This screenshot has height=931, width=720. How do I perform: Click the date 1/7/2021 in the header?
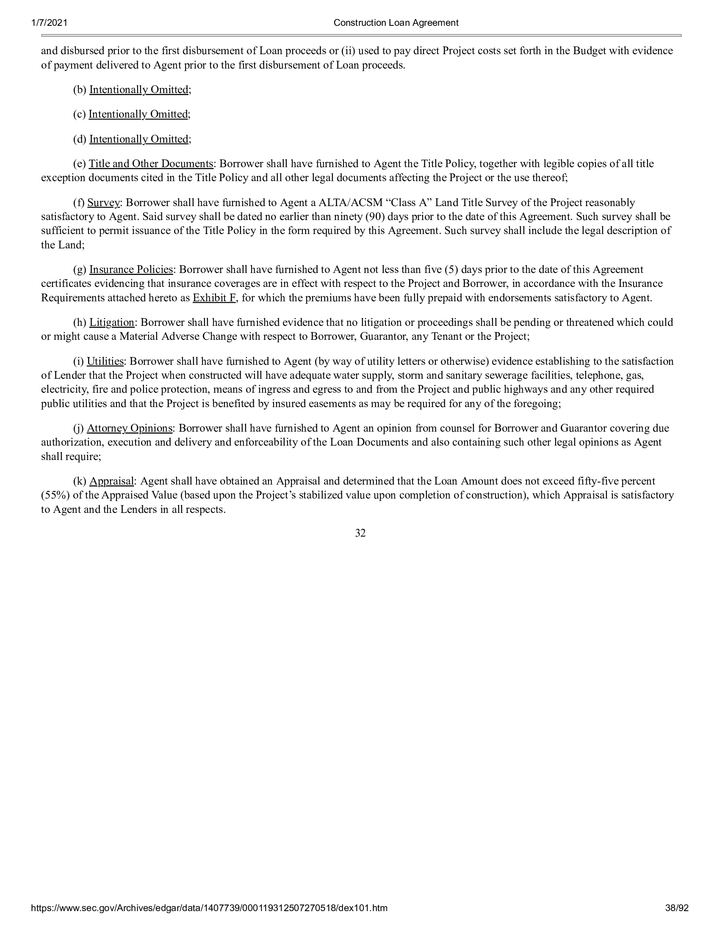pos(49,23)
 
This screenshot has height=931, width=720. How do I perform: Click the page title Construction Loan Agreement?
pos(396,23)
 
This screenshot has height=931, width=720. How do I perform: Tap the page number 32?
pos(360,533)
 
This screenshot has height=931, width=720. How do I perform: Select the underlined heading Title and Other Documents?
pos(151,164)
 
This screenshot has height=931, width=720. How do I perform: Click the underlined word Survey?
pos(104,202)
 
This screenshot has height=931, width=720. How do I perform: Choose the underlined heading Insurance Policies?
pos(131,270)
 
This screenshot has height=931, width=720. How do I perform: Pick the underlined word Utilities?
pos(105,361)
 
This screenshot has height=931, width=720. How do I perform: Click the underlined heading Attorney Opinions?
pos(130,428)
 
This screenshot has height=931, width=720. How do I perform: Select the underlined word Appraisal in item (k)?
pos(111,481)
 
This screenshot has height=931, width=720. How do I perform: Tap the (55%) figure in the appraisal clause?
pos(53,496)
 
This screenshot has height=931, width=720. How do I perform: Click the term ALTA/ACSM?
pos(351,202)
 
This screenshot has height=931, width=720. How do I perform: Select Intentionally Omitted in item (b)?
pos(138,90)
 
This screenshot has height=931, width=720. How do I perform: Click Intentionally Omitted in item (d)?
pos(138,139)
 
